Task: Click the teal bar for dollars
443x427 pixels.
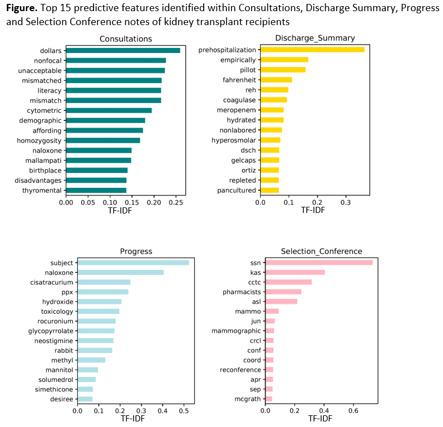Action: point(122,51)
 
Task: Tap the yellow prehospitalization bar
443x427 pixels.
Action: point(312,50)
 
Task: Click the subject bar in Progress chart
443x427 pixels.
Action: point(133,263)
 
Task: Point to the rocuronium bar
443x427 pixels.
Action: point(96,321)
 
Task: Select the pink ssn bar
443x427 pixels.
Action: point(319,263)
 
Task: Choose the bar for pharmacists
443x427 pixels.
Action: point(283,292)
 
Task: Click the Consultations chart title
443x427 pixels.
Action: point(125,38)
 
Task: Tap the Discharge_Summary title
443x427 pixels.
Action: point(315,38)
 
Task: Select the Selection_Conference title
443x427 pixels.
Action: point(322,251)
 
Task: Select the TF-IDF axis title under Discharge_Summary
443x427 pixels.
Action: point(313,211)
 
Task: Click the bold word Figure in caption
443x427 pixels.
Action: point(21,9)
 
